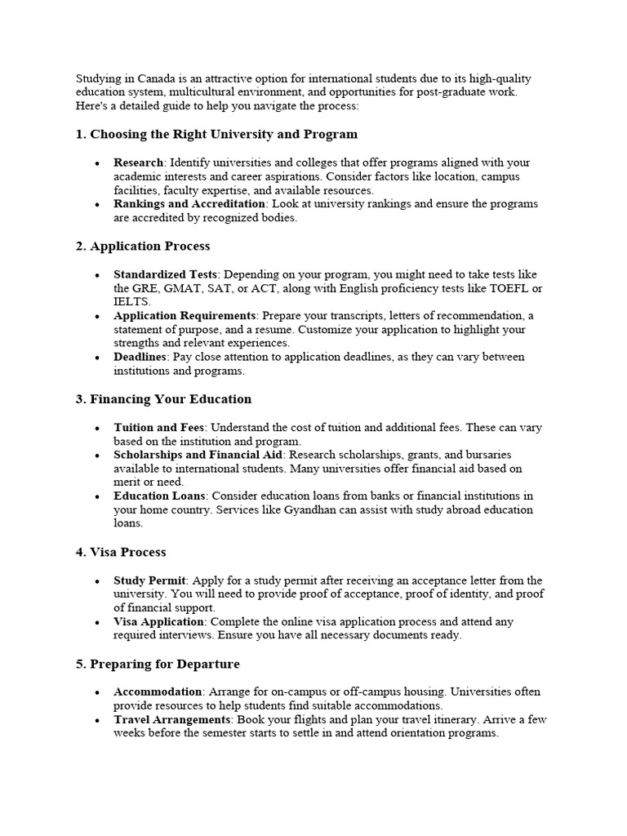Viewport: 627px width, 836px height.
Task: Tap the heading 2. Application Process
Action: pos(143,246)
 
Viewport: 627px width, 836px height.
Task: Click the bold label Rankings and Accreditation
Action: pos(189,204)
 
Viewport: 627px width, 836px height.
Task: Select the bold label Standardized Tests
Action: pos(165,275)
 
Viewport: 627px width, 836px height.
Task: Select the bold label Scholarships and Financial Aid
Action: pos(198,455)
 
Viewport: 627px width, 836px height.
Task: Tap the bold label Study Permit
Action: pos(149,580)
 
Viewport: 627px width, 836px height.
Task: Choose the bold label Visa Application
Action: pos(159,622)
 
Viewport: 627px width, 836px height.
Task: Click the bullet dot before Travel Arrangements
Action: pos(97,721)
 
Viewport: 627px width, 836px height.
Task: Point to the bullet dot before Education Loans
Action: pos(97,497)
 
